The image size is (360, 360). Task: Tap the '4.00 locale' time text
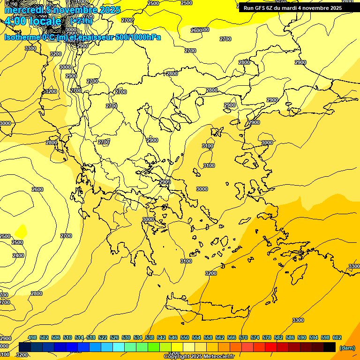tap(33, 21)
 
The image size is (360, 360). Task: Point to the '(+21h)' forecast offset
tap(82, 21)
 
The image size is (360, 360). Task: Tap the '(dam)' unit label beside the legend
tap(347, 348)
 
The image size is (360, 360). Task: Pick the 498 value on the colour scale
tap(32, 337)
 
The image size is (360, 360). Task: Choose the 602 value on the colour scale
tap(337, 337)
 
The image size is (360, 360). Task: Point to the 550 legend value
tap(185, 337)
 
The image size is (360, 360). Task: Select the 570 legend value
tap(243, 337)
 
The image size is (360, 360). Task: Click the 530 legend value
tap(126, 337)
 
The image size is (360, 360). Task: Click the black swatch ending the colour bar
tap(330, 347)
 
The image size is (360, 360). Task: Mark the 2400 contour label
tap(18, 255)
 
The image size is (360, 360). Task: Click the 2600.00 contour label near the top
tap(200, 30)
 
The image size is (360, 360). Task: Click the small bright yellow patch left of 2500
tap(20, 231)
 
